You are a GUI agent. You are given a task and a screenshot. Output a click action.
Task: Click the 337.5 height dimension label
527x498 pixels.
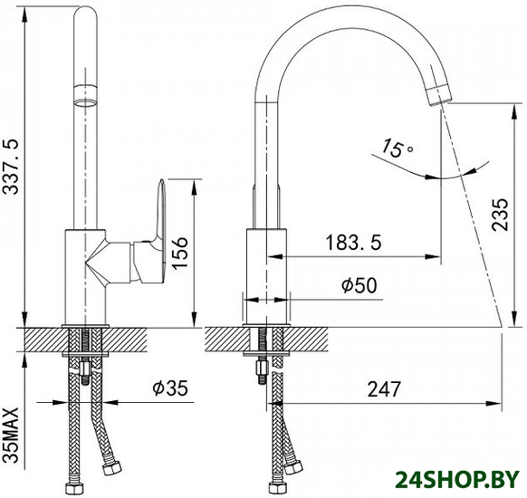coord(11,166)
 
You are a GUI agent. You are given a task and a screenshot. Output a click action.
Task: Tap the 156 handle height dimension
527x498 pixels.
coord(180,252)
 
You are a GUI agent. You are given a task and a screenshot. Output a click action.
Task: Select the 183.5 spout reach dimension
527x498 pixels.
coord(353,243)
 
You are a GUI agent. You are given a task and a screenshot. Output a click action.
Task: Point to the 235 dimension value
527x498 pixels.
coord(500,215)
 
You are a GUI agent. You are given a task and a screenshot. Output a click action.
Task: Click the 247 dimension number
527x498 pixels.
coord(384,389)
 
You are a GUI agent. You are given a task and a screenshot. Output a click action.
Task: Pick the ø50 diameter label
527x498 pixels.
coord(359,285)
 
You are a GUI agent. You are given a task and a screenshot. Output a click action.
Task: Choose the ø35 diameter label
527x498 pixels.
coord(170,388)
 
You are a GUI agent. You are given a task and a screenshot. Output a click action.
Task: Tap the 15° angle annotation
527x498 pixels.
coord(397,148)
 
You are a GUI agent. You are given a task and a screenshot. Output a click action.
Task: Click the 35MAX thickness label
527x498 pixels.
coord(11,436)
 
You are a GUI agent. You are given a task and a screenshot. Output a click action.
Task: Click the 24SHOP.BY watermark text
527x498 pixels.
coord(457,480)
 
